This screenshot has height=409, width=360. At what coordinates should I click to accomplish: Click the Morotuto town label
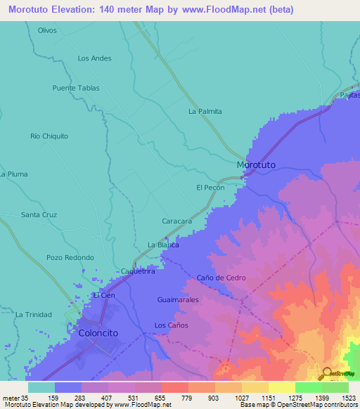pyautogui.click(x=257, y=164)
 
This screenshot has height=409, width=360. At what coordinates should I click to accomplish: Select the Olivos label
pyautogui.click(x=47, y=30)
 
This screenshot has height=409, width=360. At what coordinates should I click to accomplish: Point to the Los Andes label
pyautogui.click(x=94, y=58)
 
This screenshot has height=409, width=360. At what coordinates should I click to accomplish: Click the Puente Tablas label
pyautogui.click(x=76, y=89)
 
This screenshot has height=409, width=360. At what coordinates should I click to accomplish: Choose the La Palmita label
pyautogui.click(x=205, y=111)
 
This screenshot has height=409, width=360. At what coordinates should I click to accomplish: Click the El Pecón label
pyautogui.click(x=210, y=188)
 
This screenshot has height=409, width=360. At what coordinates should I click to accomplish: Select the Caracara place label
pyautogui.click(x=177, y=221)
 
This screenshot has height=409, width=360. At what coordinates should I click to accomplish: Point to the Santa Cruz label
pyautogui.click(x=39, y=214)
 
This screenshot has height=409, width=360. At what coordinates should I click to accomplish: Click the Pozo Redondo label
pyautogui.click(x=70, y=258)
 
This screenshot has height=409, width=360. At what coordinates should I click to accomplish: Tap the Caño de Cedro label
pyautogui.click(x=221, y=278)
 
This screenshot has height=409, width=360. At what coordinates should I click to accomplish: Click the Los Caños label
pyautogui.click(x=171, y=325)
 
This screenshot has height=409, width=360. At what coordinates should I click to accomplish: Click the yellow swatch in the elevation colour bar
pyautogui.click(x=281, y=387)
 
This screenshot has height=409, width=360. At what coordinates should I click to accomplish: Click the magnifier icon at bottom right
pyautogui.click(x=327, y=373)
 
